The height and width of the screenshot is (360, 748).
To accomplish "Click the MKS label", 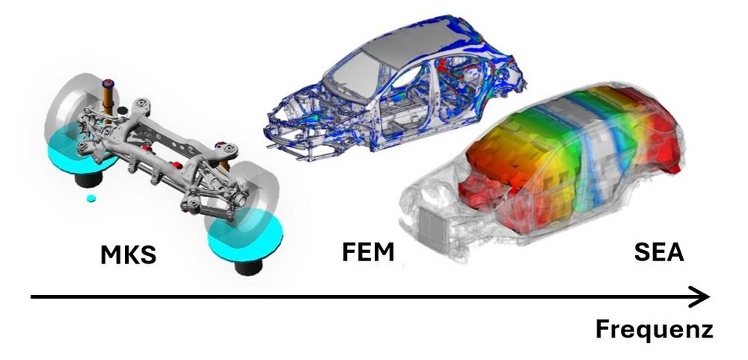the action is click(x=129, y=255).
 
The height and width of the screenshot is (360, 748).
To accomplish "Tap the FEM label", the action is click(x=368, y=251).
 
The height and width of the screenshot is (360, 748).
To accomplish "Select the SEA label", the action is click(x=659, y=251).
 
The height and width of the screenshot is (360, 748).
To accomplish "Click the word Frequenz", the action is click(x=654, y=329).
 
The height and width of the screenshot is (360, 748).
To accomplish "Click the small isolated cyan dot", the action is click(x=91, y=198).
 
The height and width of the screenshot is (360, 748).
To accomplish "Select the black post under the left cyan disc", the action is click(x=89, y=180).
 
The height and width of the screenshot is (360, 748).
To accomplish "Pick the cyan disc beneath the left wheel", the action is click(x=80, y=153).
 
